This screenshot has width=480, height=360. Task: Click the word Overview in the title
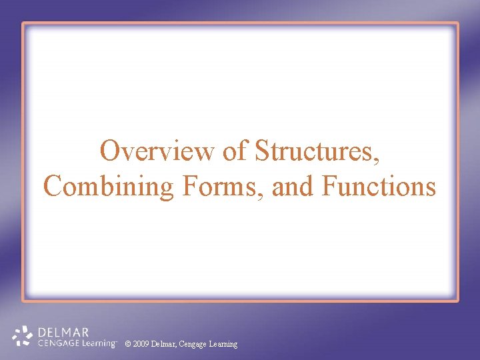click(157, 151)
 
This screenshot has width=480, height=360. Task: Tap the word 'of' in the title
click(235, 151)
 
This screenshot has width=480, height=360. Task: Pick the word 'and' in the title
click(294, 186)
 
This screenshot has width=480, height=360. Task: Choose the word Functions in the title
click(378, 186)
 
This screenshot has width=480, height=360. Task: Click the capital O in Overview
click(110, 151)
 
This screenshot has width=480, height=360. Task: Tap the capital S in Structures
click(262, 151)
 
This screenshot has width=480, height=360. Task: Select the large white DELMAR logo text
click(63, 331)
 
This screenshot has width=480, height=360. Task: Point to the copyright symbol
click(128, 344)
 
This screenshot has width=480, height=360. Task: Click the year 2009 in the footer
click(141, 344)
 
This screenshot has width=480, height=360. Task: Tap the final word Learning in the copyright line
click(223, 344)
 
